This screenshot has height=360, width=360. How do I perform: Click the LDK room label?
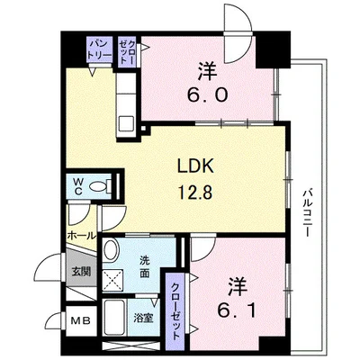click(x=195, y=166)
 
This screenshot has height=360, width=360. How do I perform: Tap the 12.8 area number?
click(x=195, y=192)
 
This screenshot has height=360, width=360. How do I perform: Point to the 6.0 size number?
click(x=208, y=94)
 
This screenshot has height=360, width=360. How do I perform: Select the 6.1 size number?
click(x=237, y=310)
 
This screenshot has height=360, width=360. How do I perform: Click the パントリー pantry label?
click(x=100, y=49)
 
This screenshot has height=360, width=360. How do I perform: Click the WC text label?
click(x=78, y=186)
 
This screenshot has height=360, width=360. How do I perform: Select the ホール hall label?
click(x=81, y=236)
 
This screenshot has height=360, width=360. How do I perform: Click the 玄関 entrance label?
click(x=81, y=272)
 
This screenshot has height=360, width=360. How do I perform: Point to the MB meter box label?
click(x=80, y=321)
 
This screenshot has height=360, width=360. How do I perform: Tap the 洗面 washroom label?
click(x=144, y=267)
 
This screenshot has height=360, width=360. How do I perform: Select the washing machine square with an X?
click(x=112, y=280)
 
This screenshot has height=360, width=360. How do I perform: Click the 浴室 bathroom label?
click(x=143, y=319)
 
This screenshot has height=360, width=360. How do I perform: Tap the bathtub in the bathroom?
click(x=115, y=318)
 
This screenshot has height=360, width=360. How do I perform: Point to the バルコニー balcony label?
click(x=306, y=212)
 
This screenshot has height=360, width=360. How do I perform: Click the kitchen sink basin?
click(x=126, y=124)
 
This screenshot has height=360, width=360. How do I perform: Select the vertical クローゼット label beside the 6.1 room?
click(x=175, y=311)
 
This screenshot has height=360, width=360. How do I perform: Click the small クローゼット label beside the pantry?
click(x=127, y=52)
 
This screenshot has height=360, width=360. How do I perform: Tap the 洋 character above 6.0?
click(x=207, y=71)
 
